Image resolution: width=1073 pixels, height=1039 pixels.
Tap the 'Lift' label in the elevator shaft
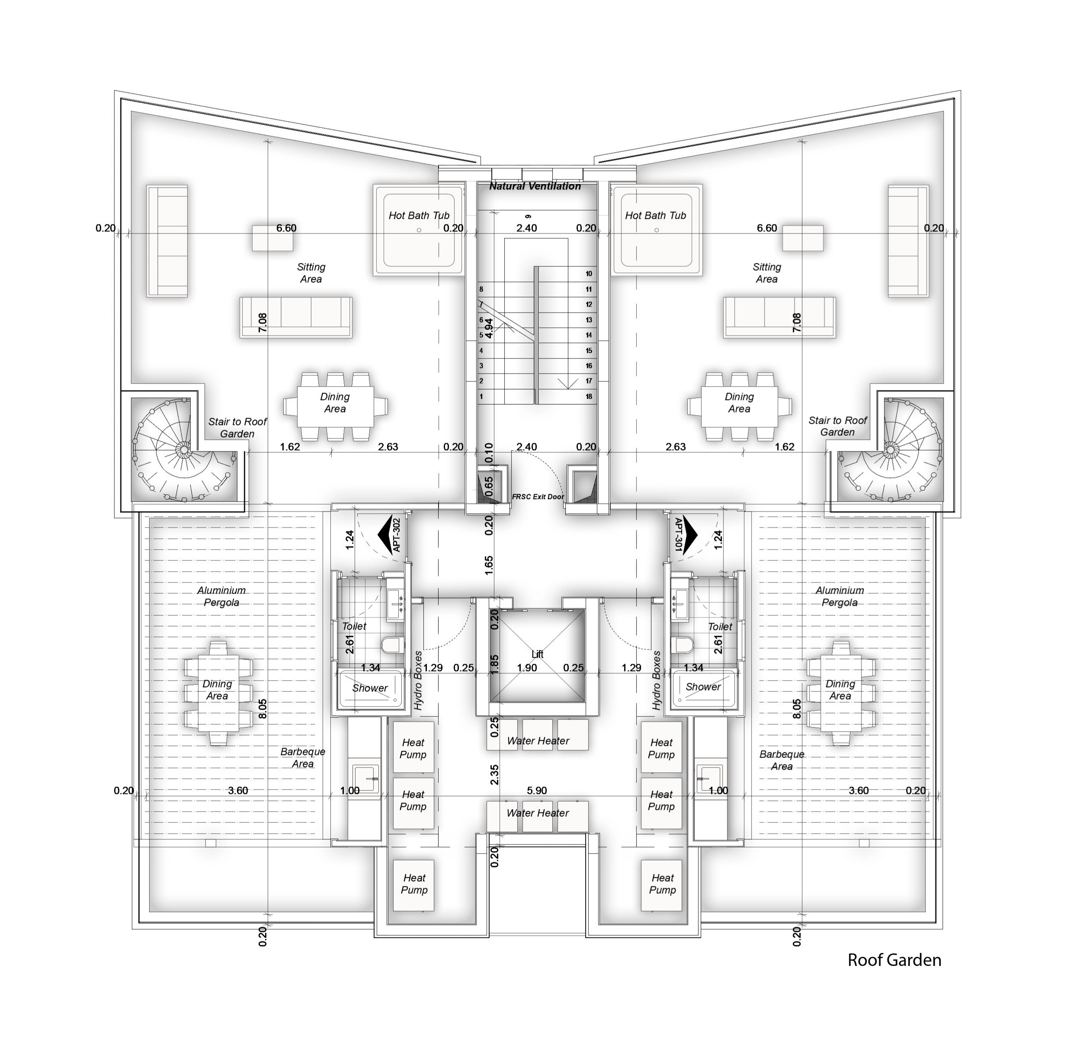click(x=537, y=654)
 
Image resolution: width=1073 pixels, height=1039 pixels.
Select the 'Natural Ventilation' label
click(x=535, y=186)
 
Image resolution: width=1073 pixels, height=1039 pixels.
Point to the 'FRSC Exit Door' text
click(x=538, y=496)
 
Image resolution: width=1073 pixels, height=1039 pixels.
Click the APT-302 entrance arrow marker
click(x=390, y=535)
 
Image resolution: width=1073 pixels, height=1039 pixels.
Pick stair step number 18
click(x=589, y=396)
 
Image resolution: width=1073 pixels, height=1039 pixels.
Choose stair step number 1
click(x=481, y=396)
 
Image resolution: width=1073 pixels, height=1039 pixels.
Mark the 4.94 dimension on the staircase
click(x=489, y=328)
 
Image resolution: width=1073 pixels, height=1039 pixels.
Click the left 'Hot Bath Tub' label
click(x=419, y=216)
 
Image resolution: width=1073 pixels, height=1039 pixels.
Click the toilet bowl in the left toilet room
click(x=392, y=644)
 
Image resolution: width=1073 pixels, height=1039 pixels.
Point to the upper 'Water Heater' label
click(x=538, y=741)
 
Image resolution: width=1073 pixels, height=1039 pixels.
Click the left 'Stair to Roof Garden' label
click(x=237, y=428)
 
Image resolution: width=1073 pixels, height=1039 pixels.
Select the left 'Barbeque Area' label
click(x=303, y=758)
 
